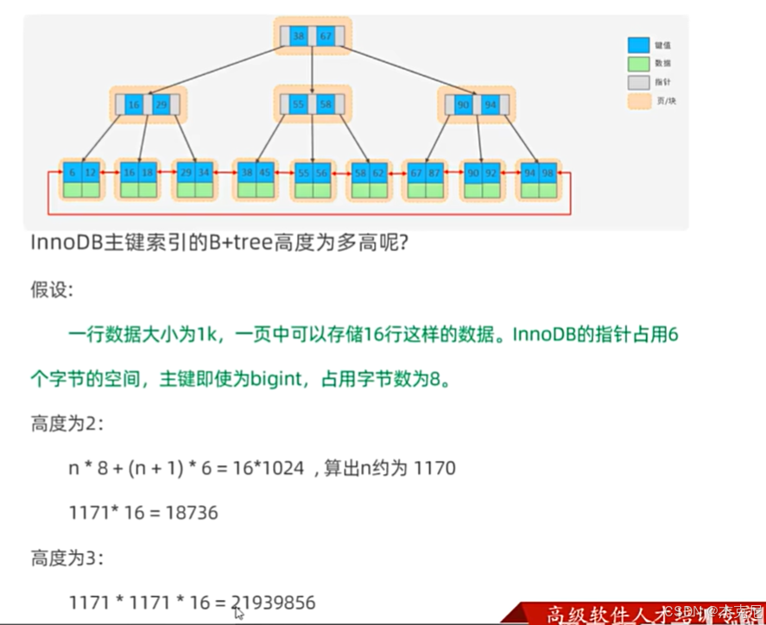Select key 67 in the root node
325,37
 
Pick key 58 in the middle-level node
324,104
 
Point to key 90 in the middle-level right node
463,104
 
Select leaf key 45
264,173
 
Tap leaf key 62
377,173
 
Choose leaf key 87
434,173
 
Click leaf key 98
547,173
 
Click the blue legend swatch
638,45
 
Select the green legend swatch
638,64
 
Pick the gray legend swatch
638,82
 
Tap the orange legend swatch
638,101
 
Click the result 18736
193,513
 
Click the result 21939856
275,603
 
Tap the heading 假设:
52,289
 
